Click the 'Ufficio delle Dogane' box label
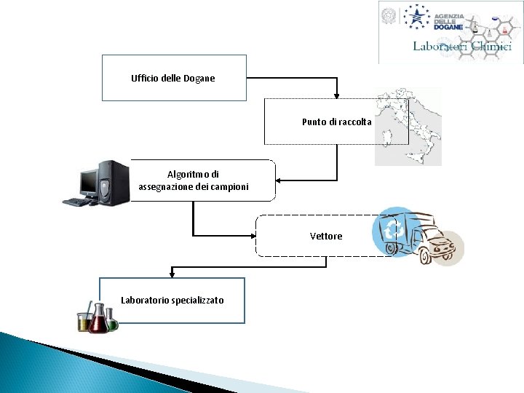[172, 78]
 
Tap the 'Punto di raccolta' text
[336, 122]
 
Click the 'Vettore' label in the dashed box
[325, 236]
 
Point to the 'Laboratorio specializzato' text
[172, 300]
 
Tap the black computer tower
[114, 182]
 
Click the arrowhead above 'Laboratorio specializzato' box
[172, 274]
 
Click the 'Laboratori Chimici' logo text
[461, 46]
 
